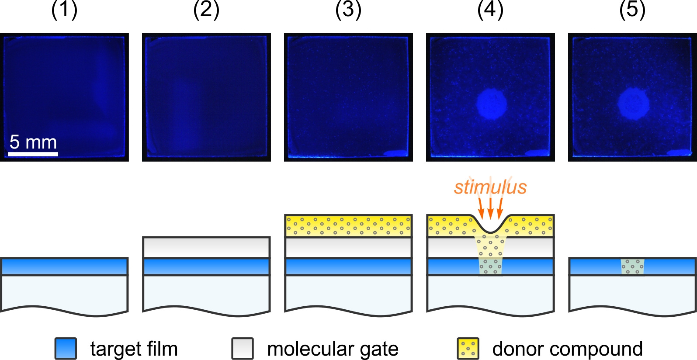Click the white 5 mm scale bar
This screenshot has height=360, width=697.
33,154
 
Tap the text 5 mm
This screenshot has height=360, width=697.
33,142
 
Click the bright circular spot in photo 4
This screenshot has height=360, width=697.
492,104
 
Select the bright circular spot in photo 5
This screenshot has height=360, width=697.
633,104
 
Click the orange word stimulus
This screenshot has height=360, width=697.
490,187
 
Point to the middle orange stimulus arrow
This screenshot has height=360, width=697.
490,209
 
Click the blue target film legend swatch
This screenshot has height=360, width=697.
66,348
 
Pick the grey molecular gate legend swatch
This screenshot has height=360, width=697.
243,348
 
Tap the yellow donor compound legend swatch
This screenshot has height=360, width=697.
468,348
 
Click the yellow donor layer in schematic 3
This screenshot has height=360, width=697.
348,225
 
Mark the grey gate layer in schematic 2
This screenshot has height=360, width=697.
206,247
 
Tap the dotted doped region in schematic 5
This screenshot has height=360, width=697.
632,267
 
